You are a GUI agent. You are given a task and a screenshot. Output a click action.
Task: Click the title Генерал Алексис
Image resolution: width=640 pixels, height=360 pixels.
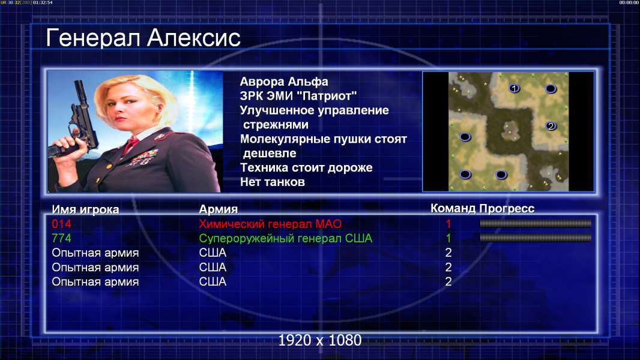click(x=143, y=38)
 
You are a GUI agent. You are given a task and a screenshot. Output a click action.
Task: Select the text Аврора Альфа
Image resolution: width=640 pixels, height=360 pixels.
click(x=284, y=82)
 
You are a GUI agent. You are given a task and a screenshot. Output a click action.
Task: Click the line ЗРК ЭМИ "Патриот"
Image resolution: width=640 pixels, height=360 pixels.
click(x=298, y=96)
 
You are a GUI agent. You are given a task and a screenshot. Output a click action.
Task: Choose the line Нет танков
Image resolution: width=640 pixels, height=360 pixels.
click(x=273, y=182)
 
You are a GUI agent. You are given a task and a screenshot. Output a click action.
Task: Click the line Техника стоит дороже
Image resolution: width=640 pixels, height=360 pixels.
click(x=306, y=167)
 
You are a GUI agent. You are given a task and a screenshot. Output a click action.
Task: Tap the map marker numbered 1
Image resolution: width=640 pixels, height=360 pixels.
click(x=515, y=88)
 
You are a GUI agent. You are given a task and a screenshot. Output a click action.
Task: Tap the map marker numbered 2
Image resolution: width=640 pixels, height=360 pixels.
click(x=551, y=126)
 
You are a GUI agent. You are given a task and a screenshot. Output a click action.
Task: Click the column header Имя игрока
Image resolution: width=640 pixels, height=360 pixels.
click(x=85, y=209)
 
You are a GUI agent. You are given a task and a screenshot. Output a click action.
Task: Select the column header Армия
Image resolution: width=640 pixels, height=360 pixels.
click(x=219, y=209)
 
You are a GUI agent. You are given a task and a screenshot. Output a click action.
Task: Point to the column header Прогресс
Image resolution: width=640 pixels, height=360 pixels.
click(x=507, y=209)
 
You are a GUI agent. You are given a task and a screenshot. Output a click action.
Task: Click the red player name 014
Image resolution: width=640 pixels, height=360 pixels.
click(x=62, y=224)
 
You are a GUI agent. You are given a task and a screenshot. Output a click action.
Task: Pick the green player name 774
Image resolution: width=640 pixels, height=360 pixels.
click(x=62, y=238)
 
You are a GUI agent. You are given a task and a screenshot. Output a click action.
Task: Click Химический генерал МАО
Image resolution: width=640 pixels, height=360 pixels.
click(x=270, y=224)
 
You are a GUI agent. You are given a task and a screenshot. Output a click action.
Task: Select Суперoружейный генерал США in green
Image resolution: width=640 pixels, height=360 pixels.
click(x=286, y=239)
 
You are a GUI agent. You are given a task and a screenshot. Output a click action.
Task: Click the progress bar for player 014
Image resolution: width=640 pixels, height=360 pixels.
click(x=536, y=223)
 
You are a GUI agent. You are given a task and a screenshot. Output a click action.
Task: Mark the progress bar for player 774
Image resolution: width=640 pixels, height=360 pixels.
click(x=536, y=238)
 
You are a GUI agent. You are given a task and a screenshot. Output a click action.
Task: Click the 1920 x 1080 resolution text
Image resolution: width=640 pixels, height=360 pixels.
click(x=320, y=340)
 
